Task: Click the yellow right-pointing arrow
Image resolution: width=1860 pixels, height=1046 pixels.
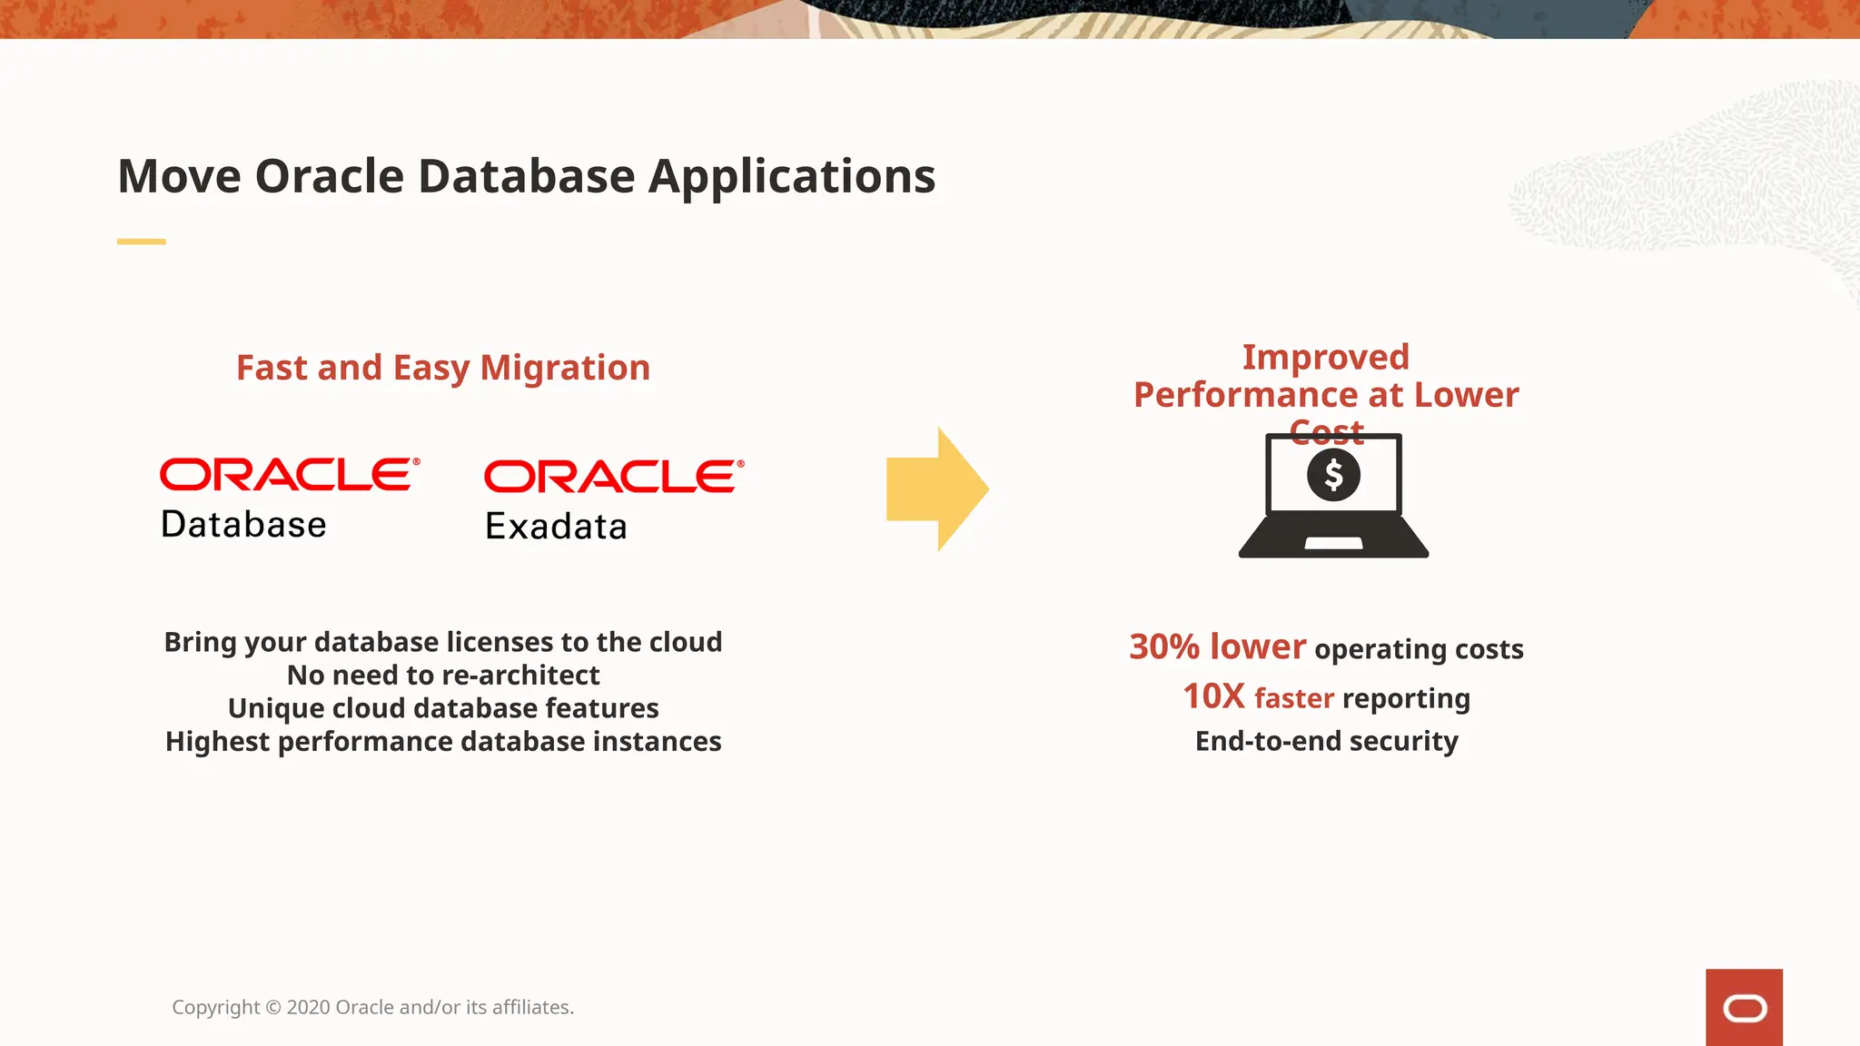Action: click(935, 489)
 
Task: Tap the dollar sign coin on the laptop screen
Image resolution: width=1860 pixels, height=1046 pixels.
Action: click(1333, 475)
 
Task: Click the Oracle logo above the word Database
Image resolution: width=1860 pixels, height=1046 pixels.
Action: click(289, 475)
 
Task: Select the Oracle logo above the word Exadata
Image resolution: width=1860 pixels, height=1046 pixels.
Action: click(613, 477)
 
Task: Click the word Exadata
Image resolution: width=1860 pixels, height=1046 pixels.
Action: click(556, 527)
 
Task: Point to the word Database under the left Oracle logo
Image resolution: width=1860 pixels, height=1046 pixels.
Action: click(243, 525)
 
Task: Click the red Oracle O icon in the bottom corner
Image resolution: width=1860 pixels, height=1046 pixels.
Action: click(1744, 1008)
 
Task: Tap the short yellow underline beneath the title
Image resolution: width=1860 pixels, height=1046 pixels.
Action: click(141, 242)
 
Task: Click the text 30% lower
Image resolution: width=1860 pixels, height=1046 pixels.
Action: click(1217, 646)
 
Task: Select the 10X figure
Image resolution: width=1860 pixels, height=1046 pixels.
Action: click(1213, 696)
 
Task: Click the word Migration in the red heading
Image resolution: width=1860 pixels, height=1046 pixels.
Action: click(565, 368)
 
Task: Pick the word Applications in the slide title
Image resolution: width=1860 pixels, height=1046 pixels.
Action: click(791, 176)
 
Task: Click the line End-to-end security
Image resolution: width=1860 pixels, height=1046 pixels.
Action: click(1326, 741)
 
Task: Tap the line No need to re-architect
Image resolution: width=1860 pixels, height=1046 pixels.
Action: click(443, 676)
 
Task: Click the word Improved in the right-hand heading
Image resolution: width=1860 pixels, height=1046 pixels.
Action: click(1325, 357)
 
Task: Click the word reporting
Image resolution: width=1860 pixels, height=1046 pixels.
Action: click(1405, 698)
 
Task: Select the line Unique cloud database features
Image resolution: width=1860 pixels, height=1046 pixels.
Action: click(443, 708)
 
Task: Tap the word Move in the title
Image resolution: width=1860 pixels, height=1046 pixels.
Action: click(178, 176)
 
